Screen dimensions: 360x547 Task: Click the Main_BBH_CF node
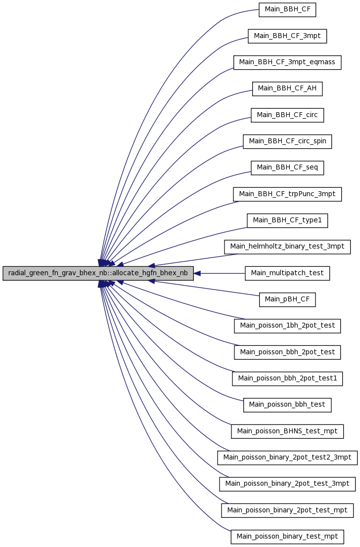[287, 9]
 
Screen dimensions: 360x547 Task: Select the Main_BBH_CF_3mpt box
[287, 36]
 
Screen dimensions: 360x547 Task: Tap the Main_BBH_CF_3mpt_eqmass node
[287, 62]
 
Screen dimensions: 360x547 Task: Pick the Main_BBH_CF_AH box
[287, 88]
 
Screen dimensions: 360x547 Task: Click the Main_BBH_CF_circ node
[287, 115]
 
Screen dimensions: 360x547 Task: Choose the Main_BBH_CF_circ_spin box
[287, 141]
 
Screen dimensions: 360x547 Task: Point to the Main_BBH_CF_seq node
[287, 168]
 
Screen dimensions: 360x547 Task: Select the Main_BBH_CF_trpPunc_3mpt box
[287, 194]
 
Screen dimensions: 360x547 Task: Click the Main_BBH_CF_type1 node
[287, 220]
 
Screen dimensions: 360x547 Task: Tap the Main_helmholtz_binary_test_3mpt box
[287, 247]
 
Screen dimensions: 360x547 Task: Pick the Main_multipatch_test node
[287, 273]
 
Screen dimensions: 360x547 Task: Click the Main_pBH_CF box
[287, 299]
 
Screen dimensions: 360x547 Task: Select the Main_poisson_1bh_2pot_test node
[287, 326]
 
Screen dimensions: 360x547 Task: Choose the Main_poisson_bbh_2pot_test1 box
[287, 379]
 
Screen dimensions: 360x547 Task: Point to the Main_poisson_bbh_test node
[287, 405]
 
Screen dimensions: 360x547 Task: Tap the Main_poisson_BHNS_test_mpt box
[287, 431]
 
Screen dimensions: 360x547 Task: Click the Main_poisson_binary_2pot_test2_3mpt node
[287, 458]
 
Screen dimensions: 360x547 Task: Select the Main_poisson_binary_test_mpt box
[287, 537]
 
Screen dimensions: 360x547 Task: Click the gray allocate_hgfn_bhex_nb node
[98, 273]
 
